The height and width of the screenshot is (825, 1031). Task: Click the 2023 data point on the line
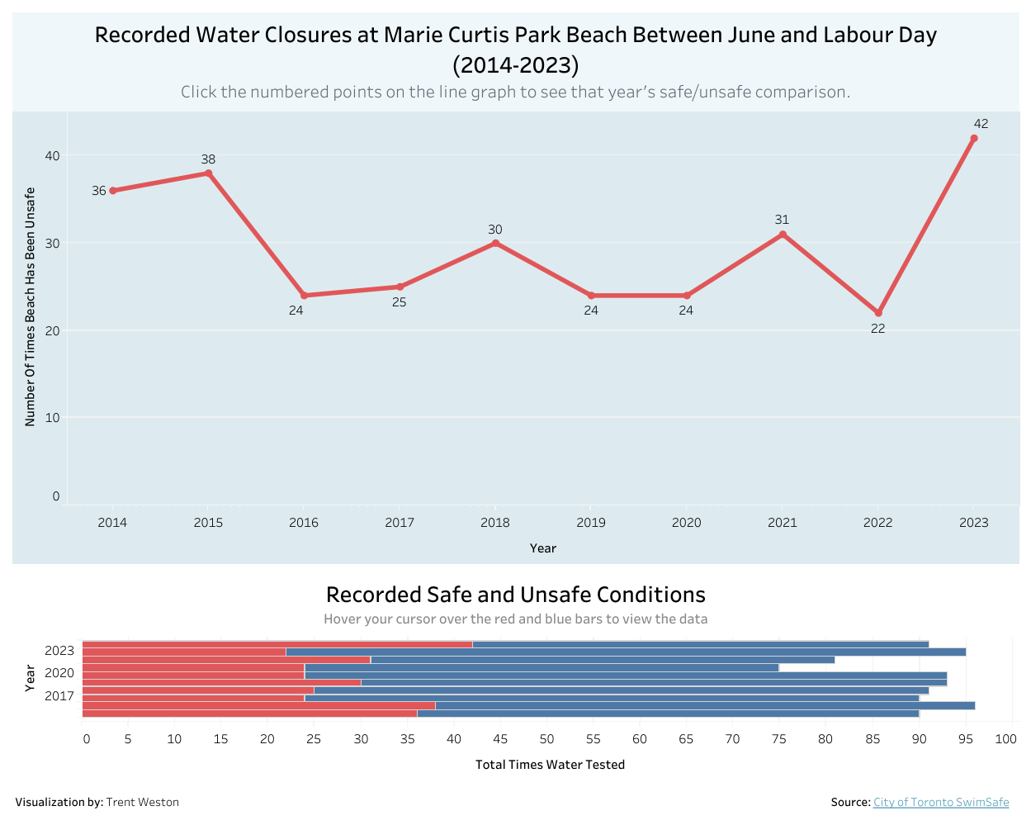(974, 139)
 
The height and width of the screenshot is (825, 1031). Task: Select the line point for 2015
(208, 173)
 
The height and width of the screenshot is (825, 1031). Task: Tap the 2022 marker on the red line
(878, 313)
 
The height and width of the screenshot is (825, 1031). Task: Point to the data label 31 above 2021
(782, 220)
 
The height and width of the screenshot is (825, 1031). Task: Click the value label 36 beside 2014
(99, 191)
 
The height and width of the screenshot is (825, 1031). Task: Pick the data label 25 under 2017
(400, 302)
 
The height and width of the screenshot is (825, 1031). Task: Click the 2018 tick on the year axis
(495, 523)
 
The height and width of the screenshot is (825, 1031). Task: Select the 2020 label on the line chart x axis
(686, 523)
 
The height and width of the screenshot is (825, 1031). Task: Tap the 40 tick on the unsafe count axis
(53, 156)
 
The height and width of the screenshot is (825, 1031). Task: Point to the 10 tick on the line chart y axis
(53, 418)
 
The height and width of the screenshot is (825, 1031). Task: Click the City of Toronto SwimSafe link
(941, 802)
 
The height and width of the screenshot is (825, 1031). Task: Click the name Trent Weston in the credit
(142, 802)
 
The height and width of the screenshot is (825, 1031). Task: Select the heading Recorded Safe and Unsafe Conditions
(515, 595)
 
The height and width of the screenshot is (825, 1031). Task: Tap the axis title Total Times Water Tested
(550, 765)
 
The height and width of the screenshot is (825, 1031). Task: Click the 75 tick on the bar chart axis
(778, 739)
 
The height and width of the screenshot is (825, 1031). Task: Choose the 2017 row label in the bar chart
(59, 696)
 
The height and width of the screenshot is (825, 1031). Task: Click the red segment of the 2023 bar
(277, 644)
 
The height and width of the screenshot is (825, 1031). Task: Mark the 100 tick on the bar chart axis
(1005, 739)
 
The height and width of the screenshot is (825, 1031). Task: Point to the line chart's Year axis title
(542, 548)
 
